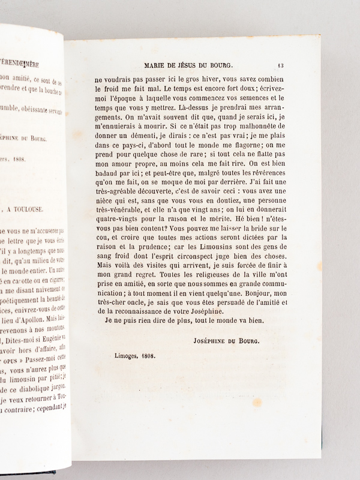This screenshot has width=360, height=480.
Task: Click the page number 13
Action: [x=282, y=66]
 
